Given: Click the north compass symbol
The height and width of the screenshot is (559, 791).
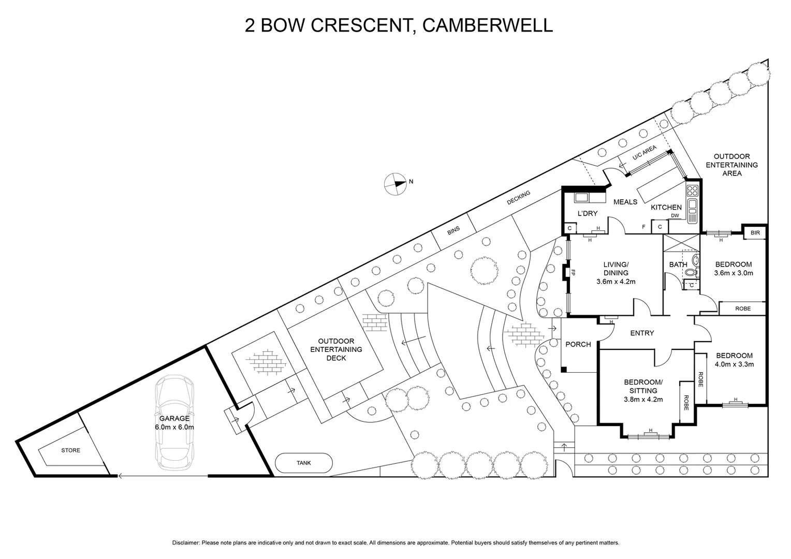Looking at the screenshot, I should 395,184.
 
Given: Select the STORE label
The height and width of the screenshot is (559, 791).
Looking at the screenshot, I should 71,450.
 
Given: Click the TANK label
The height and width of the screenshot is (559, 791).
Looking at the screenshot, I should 304,463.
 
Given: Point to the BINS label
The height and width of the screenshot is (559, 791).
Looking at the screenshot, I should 453,231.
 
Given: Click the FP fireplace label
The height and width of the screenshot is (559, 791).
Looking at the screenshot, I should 573,272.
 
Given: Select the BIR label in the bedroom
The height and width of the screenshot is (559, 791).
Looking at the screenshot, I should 755,233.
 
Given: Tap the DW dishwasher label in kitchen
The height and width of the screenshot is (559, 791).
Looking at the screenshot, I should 675,216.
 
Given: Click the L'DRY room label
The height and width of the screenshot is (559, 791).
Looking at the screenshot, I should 588,213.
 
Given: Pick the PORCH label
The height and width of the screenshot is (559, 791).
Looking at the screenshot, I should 578,344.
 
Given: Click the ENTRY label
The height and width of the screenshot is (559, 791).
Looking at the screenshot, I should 642,333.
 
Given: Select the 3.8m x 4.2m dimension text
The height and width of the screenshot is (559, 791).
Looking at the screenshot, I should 643,399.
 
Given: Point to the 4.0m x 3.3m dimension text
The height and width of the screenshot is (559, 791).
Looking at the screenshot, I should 734,364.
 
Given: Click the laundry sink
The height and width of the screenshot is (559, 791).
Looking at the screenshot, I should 581,197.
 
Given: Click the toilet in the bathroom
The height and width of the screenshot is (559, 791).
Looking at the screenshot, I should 695,260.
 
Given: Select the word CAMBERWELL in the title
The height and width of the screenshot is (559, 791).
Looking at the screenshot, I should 488,25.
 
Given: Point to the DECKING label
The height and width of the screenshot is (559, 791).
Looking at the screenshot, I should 519,198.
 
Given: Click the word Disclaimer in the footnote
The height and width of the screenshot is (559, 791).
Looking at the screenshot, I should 185,543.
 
